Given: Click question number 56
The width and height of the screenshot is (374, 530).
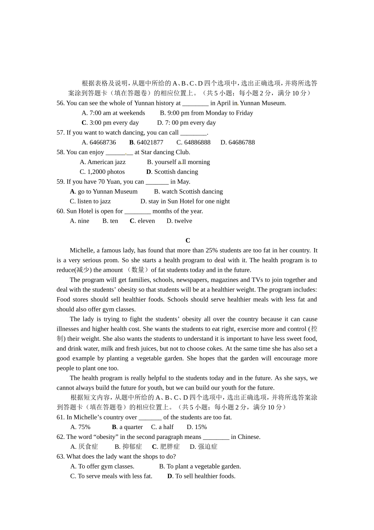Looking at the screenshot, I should (61, 103).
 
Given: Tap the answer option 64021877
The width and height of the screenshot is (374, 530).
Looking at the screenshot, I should (150, 142).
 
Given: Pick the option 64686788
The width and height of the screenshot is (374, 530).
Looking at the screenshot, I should (241, 142).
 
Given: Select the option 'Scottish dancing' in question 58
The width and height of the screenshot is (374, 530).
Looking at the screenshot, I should (176, 172).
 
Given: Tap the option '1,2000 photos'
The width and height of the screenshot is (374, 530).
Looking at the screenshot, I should (106, 172).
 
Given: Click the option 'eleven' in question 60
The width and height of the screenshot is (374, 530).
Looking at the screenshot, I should (146, 221).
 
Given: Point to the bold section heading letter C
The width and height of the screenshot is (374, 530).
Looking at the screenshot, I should (188, 241).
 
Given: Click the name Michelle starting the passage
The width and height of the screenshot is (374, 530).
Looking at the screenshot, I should (82, 250).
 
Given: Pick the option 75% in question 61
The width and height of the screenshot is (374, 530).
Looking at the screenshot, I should (84, 427).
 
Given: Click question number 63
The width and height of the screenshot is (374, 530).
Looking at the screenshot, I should (61, 457).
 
